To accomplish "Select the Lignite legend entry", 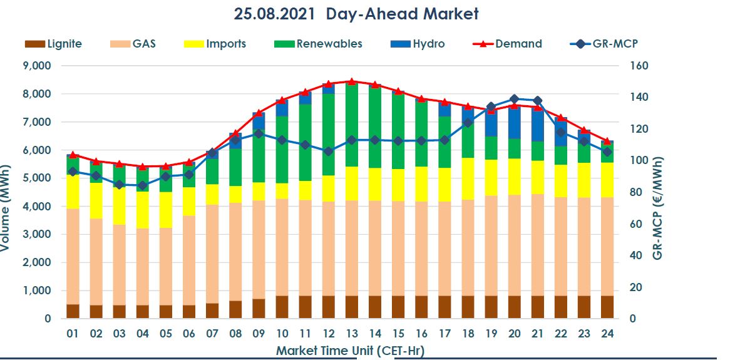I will [53, 44].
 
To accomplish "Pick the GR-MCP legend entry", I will [604, 44].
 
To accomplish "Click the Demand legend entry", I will [506, 44].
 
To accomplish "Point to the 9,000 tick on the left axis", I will [36, 66].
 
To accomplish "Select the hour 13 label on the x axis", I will [351, 334].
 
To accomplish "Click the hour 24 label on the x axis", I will [607, 334].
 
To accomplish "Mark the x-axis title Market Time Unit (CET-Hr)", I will [354, 350].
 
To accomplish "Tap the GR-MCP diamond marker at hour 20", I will [514, 99].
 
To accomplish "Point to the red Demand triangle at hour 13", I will [351, 81].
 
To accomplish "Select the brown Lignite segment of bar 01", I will [73, 311].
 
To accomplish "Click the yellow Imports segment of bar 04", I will [142, 210].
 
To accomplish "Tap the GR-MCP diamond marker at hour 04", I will [142, 185].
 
